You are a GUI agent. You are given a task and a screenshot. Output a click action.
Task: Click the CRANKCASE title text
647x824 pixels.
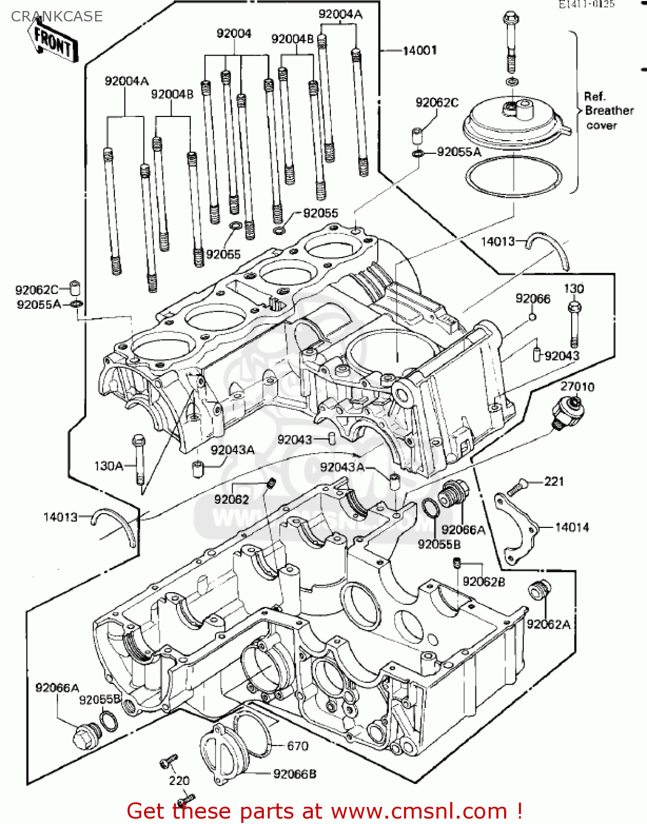click(57, 16)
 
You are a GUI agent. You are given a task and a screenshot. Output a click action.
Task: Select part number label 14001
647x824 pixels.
click(420, 51)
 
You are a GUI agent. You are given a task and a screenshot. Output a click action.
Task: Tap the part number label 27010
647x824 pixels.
click(577, 387)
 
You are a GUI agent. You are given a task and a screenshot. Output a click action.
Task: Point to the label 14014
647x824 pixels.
click(572, 527)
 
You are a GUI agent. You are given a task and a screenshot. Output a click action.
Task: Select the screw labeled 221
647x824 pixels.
click(517, 486)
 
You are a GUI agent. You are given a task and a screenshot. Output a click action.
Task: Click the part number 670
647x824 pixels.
click(297, 745)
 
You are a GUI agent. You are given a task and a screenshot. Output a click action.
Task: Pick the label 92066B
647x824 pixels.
click(295, 773)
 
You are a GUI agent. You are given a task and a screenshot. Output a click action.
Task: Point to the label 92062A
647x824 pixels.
click(548, 624)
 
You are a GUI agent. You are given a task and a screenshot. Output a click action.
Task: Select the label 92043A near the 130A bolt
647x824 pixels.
click(232, 450)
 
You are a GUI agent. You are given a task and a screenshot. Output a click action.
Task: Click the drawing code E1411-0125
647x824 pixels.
click(587, 4)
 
